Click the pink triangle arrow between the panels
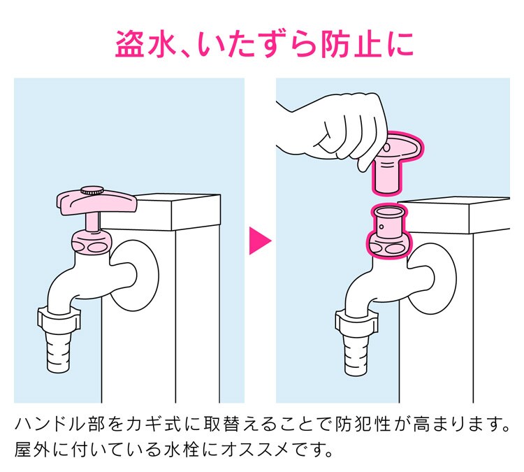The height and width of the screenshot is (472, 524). tap(259, 241)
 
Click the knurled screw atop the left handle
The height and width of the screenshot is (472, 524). tap(92, 191)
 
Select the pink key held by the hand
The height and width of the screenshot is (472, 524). tap(397, 162)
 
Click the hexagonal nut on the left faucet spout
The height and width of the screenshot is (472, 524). tap(59, 320)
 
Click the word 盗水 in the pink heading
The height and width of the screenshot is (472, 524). tap(145, 44)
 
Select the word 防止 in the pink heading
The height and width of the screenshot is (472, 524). tap(351, 44)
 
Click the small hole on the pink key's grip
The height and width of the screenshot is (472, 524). tap(386, 148)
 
